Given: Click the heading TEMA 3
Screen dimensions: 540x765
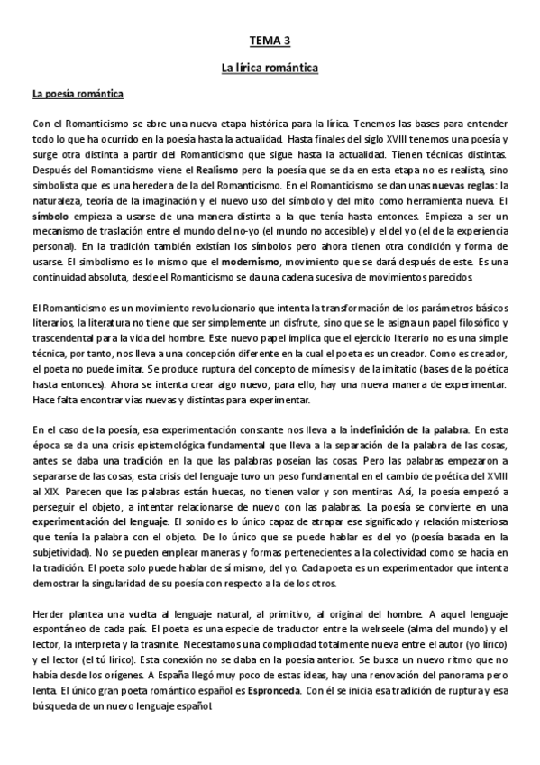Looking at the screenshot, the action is click(x=270, y=41).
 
